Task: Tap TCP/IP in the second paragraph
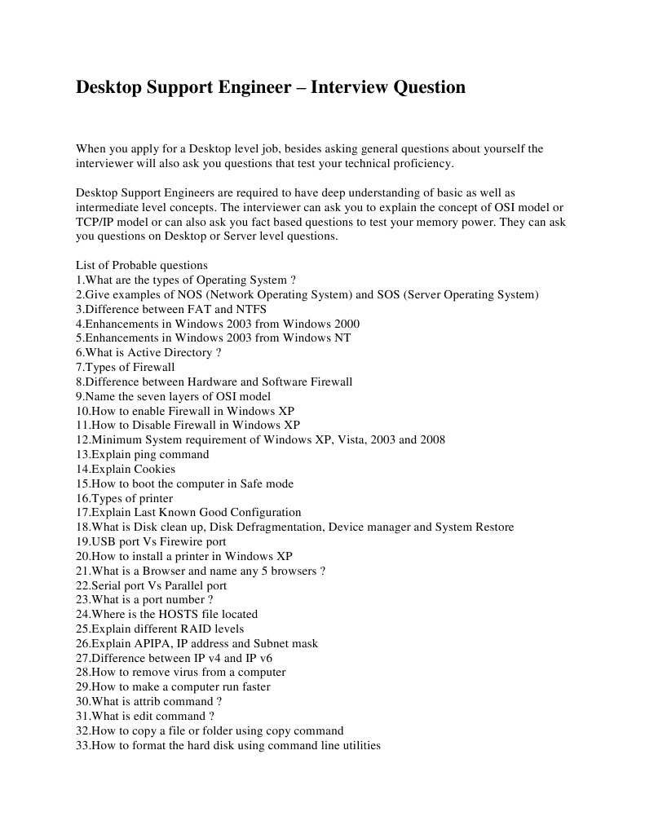click(95, 222)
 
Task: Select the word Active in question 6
click(144, 352)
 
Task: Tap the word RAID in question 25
click(195, 629)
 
